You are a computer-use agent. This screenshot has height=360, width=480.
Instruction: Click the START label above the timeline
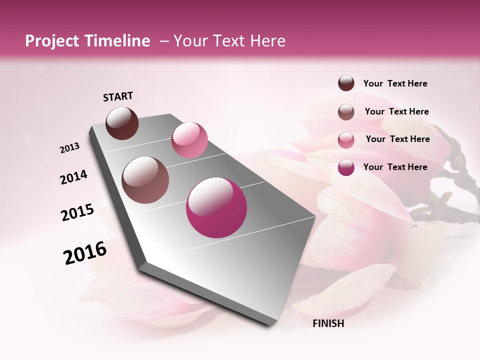point(118,96)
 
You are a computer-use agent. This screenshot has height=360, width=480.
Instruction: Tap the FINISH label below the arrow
point(328,323)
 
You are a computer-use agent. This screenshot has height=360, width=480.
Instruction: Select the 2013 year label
point(70,148)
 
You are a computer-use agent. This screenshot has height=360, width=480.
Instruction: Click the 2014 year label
point(74,177)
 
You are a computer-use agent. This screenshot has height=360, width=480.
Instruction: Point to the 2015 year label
point(77,212)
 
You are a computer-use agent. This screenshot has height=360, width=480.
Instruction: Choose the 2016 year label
point(85,253)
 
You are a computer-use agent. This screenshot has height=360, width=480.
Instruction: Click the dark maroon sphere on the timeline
point(122,123)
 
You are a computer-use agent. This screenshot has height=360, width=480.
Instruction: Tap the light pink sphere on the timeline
point(189,139)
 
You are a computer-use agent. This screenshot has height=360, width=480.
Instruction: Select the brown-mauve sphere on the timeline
point(145,180)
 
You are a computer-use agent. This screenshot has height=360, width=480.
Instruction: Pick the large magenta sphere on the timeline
point(216,207)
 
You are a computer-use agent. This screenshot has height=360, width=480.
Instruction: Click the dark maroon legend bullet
point(346,83)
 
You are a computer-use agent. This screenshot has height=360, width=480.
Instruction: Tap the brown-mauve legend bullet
point(346,112)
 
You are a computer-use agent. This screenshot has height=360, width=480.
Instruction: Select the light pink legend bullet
point(346,140)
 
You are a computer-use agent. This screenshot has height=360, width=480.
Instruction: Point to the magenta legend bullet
point(346,167)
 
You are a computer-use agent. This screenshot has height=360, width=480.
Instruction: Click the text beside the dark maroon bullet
point(395,83)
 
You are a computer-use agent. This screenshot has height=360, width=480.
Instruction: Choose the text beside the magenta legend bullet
point(395,167)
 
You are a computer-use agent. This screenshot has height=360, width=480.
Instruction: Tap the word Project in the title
point(51,41)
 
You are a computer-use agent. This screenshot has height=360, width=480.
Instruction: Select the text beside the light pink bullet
point(397,139)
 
